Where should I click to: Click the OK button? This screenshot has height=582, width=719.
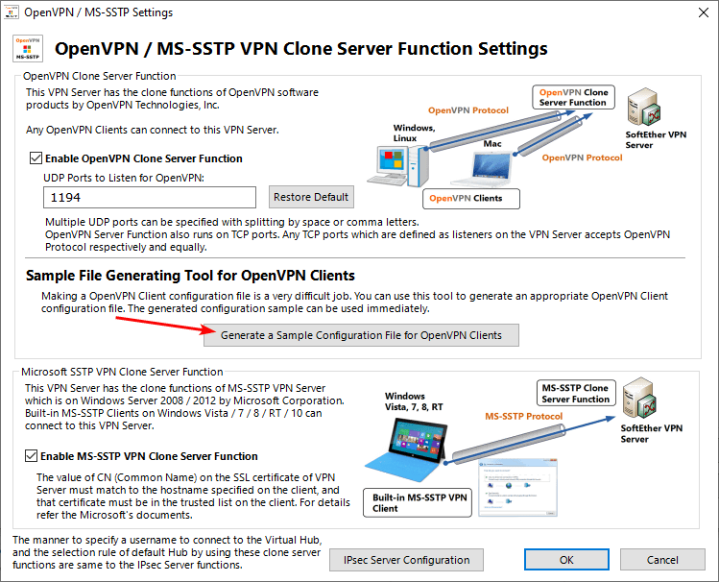pyautogui.click(x=566, y=560)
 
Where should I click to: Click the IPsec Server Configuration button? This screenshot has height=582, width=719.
pyautogui.click(x=406, y=560)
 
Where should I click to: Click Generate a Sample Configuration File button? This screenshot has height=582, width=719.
pyautogui.click(x=361, y=335)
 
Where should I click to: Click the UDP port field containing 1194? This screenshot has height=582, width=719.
pyautogui.click(x=150, y=197)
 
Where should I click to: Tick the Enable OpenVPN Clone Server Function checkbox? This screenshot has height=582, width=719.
pyautogui.click(x=36, y=158)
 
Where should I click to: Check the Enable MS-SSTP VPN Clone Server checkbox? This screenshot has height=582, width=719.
pyautogui.click(x=36, y=456)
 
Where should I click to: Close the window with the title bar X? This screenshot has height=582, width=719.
pyautogui.click(x=696, y=13)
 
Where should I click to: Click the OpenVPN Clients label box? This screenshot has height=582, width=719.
pyautogui.click(x=470, y=199)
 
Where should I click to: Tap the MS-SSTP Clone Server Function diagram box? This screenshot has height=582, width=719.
pyautogui.click(x=575, y=394)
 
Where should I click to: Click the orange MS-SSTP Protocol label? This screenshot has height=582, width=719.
pyautogui.click(x=523, y=417)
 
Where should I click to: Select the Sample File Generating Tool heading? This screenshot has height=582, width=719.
pyautogui.click(x=190, y=276)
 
